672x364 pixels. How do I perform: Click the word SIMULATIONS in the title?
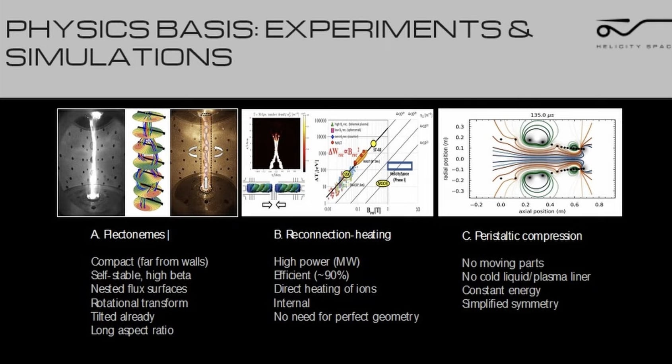tap(118, 57)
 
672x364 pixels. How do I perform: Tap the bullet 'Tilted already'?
tap(122, 317)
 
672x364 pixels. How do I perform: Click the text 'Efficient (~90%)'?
tap(311, 275)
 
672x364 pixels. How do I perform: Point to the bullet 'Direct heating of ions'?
tap(325, 289)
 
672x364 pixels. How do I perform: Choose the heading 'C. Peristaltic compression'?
tap(522, 236)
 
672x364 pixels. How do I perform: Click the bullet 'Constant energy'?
tap(501, 290)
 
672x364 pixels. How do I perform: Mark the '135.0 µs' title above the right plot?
tap(542, 115)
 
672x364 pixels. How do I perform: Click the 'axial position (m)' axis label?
tap(542, 211)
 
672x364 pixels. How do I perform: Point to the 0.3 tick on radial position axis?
tap(460, 127)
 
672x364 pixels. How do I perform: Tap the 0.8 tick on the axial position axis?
tap(599, 205)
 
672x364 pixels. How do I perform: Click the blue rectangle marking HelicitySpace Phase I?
tap(400, 166)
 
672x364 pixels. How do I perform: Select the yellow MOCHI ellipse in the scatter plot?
tap(383, 184)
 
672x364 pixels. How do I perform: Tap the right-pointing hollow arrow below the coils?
tap(267, 205)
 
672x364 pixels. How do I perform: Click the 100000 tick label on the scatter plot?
tap(320, 120)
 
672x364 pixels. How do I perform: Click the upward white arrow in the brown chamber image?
tap(206, 183)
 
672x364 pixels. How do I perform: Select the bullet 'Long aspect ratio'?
tap(132, 331)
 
